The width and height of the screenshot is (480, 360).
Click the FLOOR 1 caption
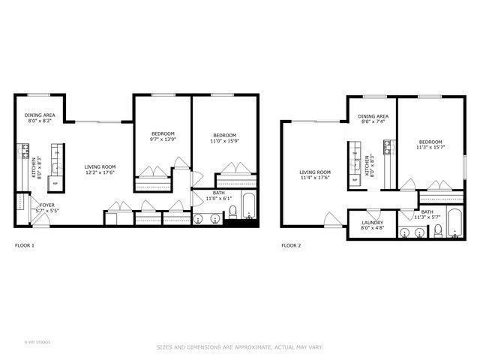pos(25,245)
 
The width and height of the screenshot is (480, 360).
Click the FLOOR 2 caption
pos(291,245)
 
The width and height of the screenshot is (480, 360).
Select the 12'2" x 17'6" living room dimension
pos(99,172)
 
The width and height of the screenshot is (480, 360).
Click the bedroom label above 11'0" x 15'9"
pos(224,133)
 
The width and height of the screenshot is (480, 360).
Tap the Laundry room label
pos(373,223)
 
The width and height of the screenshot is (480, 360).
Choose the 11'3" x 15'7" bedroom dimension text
pos(430,148)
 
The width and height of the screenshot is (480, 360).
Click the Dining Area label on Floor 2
pos(373,116)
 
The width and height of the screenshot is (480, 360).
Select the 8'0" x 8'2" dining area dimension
pos(37,121)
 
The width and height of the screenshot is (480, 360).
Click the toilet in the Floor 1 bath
pos(232,211)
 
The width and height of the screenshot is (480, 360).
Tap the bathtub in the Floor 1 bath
pos(249,205)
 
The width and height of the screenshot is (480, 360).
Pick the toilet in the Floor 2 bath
pos(436,232)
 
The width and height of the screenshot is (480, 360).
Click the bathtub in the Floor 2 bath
pos(454,223)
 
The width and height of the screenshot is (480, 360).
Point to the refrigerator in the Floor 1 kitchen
pos(55,181)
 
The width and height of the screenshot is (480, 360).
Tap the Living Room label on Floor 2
pos(316,172)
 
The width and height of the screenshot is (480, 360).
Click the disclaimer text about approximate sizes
pos(239,347)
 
